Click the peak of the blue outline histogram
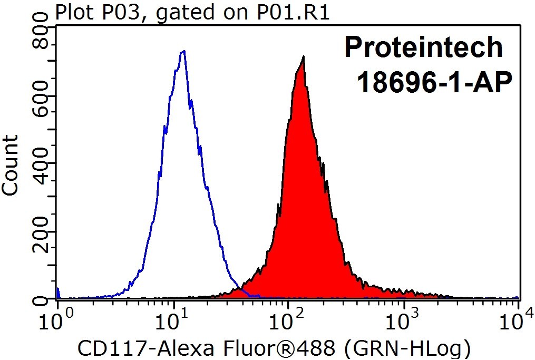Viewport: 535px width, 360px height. click(184, 51)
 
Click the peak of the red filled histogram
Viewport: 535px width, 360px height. click(303, 56)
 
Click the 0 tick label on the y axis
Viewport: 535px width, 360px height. click(40, 299)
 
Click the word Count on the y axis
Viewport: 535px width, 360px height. click(10, 166)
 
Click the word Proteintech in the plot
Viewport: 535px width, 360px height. click(423, 47)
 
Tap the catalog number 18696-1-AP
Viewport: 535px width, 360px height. click(434, 82)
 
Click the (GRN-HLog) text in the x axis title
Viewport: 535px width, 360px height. click(407, 349)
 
